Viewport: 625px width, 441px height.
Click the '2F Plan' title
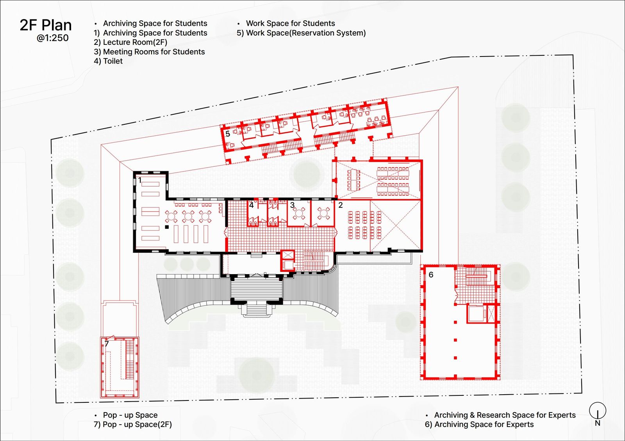[46, 25]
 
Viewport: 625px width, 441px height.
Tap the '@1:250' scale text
[52, 38]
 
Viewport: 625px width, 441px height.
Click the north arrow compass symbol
[597, 411]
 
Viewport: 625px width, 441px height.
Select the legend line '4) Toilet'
[108, 61]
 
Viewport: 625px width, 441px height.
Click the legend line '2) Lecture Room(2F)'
[130, 43]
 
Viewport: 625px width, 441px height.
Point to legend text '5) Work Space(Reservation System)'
[301, 33]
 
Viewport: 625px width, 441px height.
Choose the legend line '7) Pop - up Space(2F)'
[133, 424]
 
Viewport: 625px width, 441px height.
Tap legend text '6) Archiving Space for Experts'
[479, 424]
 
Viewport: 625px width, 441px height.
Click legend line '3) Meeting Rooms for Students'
[149, 52]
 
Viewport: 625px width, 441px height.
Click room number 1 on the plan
[140, 180]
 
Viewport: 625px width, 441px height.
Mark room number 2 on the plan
[340, 205]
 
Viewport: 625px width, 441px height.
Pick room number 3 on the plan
[292, 205]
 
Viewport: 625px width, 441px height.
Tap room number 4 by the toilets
[252, 205]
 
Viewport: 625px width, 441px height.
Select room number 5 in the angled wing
[228, 134]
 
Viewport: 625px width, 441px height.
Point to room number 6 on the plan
[431, 275]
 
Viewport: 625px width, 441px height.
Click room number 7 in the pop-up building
[107, 344]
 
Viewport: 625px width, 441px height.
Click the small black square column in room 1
[167, 227]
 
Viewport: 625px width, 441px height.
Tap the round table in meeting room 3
[299, 213]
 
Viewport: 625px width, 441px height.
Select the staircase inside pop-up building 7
[130, 360]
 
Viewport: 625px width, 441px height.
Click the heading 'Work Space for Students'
[291, 23]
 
